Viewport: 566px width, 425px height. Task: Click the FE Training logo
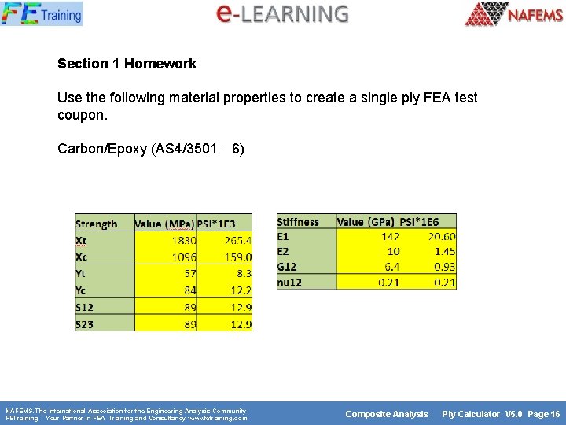coord(42,13)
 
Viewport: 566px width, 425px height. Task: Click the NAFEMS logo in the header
coord(514,14)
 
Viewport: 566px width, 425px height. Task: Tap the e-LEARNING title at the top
coord(282,13)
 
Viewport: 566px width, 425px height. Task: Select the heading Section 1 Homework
coord(127,64)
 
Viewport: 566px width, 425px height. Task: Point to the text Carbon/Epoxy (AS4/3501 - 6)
coord(151,148)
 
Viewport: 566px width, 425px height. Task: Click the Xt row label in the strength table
coord(83,240)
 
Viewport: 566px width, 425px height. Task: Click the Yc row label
coord(83,290)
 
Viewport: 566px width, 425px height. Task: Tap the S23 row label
coord(85,323)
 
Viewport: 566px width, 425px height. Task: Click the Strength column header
coord(97,224)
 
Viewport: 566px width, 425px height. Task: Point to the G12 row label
coord(287,267)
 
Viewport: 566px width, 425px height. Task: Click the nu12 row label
coord(289,282)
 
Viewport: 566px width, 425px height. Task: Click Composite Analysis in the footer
coord(387,414)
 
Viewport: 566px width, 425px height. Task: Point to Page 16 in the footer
coord(544,414)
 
